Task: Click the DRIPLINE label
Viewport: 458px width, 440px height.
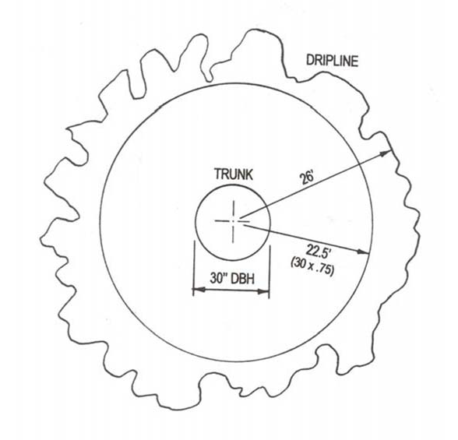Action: (x=332, y=61)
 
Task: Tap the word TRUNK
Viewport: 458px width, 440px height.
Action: (x=234, y=174)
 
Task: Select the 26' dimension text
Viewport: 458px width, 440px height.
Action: (x=307, y=178)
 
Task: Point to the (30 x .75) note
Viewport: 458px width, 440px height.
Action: (x=312, y=266)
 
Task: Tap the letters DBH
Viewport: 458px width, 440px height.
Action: (x=243, y=278)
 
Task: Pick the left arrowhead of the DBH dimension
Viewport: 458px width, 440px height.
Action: (x=199, y=290)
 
